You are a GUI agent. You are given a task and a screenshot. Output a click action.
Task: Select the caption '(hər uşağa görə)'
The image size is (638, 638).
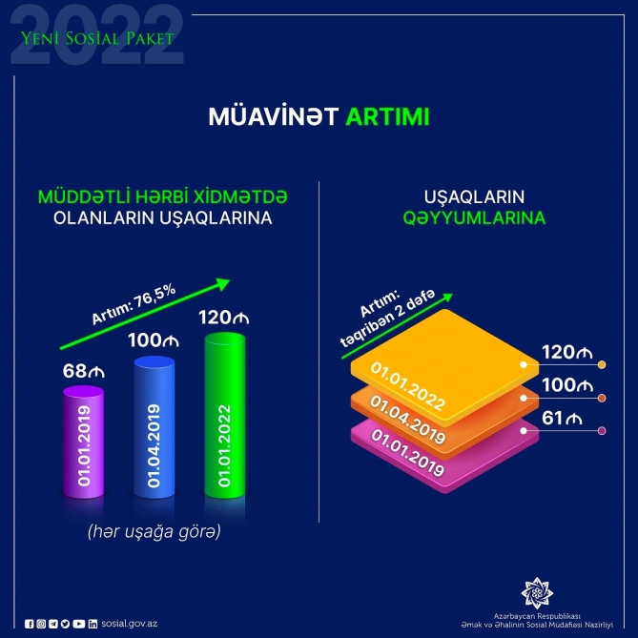[155, 532]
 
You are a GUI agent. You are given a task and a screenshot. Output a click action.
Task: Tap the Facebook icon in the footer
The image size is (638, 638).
[30, 623]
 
